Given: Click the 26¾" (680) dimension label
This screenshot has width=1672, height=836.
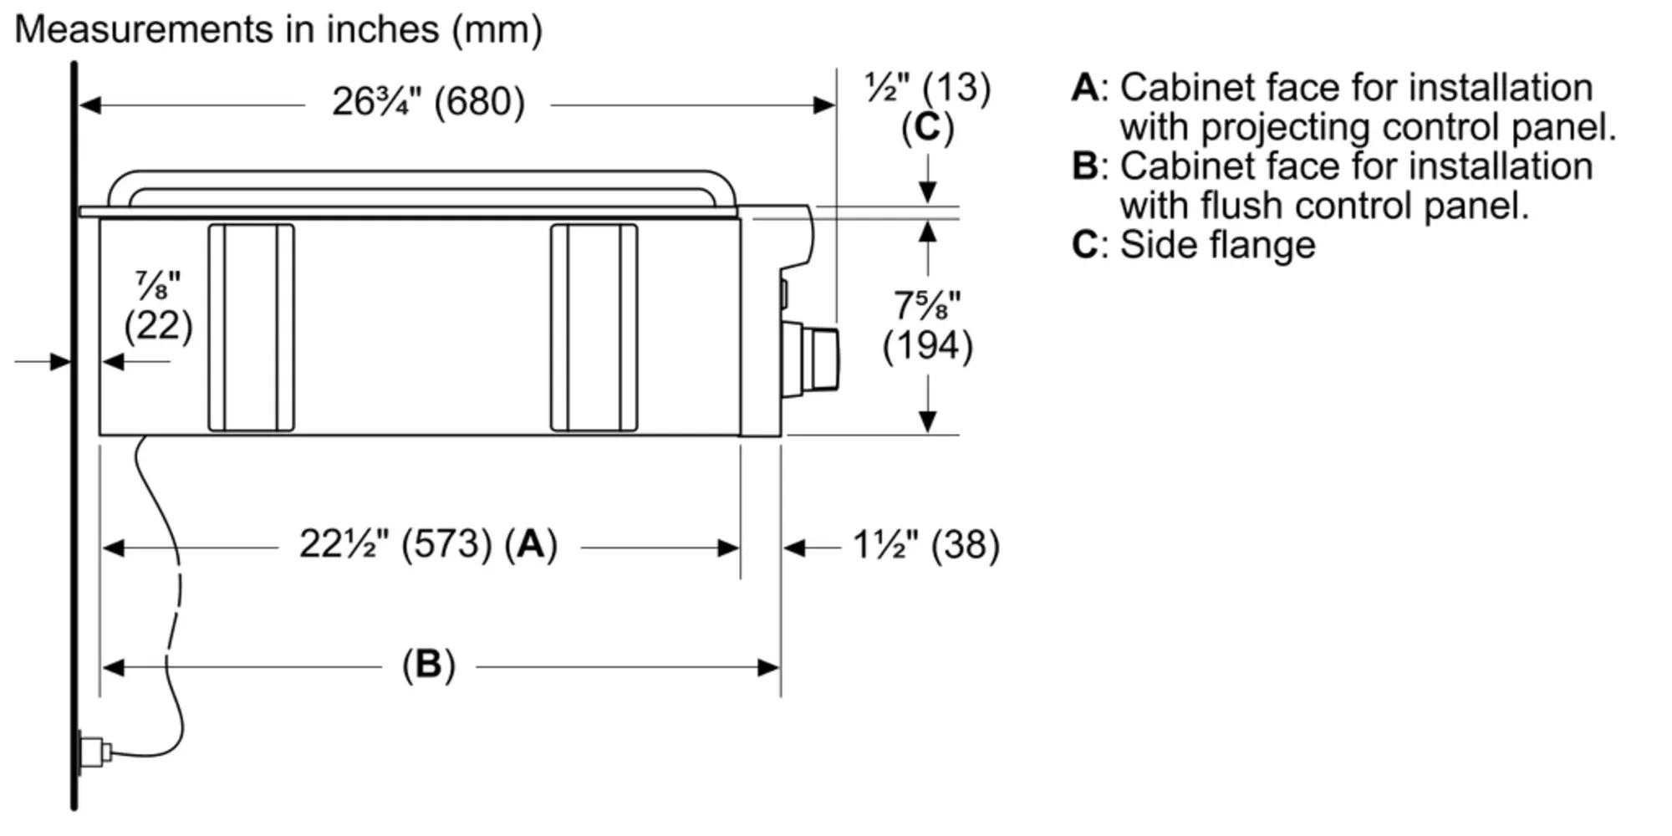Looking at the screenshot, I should (428, 103).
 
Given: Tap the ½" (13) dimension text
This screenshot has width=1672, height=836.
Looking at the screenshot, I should (927, 88).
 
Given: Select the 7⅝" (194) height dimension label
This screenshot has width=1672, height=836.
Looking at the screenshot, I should (928, 326).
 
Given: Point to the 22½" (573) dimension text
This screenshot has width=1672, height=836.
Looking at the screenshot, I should (395, 545).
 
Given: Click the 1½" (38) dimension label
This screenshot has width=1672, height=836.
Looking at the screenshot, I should (925, 545).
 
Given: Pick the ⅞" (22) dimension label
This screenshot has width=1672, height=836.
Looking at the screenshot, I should (158, 308).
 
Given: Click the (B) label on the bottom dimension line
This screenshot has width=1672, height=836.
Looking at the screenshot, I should (429, 665).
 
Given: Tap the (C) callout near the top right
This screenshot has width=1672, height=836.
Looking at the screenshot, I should (927, 128).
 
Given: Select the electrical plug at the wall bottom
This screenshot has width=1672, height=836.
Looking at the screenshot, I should (93, 751).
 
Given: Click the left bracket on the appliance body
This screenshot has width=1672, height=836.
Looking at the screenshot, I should (251, 328).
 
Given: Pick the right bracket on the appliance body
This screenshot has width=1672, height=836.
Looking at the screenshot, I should (594, 328).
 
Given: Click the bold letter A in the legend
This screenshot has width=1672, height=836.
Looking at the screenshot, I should (1085, 88).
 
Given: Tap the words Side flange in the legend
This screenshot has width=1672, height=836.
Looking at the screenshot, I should (1217, 245).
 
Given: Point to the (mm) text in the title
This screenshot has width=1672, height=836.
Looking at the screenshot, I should (497, 30).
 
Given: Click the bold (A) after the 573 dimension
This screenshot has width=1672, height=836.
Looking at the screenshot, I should (531, 545).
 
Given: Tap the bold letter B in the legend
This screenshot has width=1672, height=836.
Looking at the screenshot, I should (1085, 166).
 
